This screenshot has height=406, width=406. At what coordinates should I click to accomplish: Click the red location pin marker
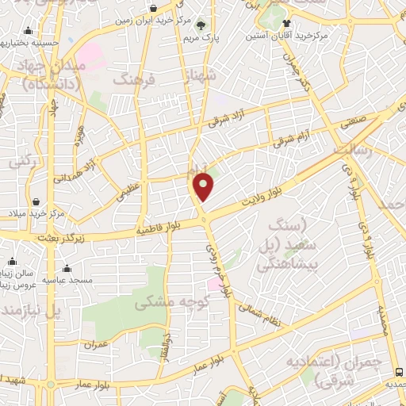205,188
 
